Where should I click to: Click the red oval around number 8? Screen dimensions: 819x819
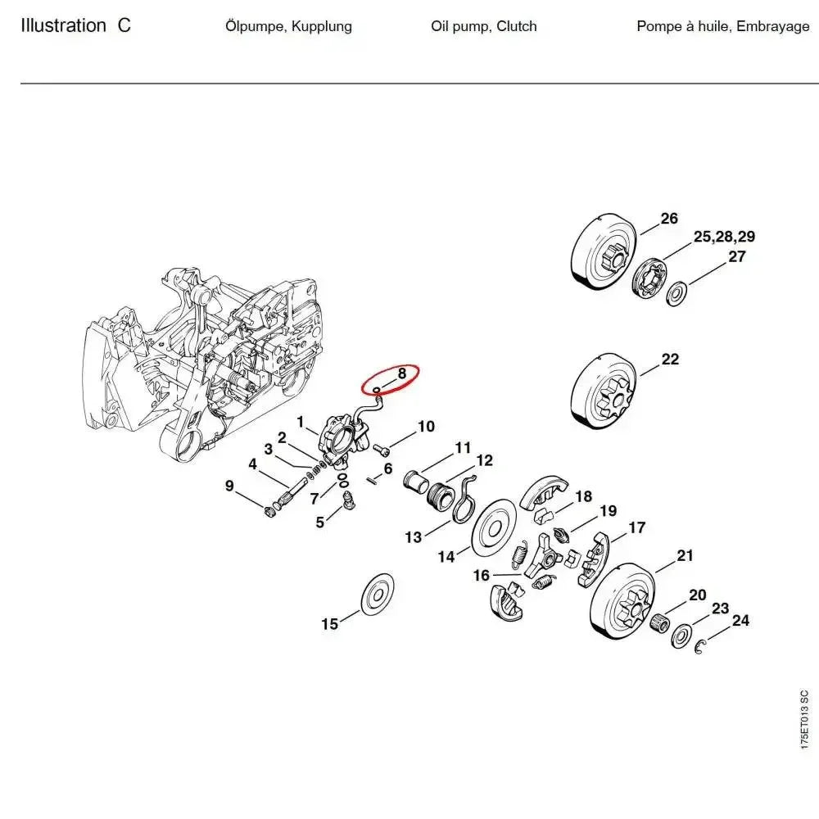click(391, 378)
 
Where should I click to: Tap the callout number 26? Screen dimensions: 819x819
click(669, 219)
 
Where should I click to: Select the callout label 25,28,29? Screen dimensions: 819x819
click(724, 238)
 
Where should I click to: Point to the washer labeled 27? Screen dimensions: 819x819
click(677, 292)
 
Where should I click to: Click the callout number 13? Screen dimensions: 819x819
click(414, 537)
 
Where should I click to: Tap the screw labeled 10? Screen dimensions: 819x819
click(381, 450)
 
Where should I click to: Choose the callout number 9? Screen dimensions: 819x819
click(230, 486)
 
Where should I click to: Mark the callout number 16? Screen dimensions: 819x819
click(482, 576)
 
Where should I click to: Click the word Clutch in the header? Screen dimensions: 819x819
click(517, 26)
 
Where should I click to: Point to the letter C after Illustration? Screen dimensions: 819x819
click(123, 25)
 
